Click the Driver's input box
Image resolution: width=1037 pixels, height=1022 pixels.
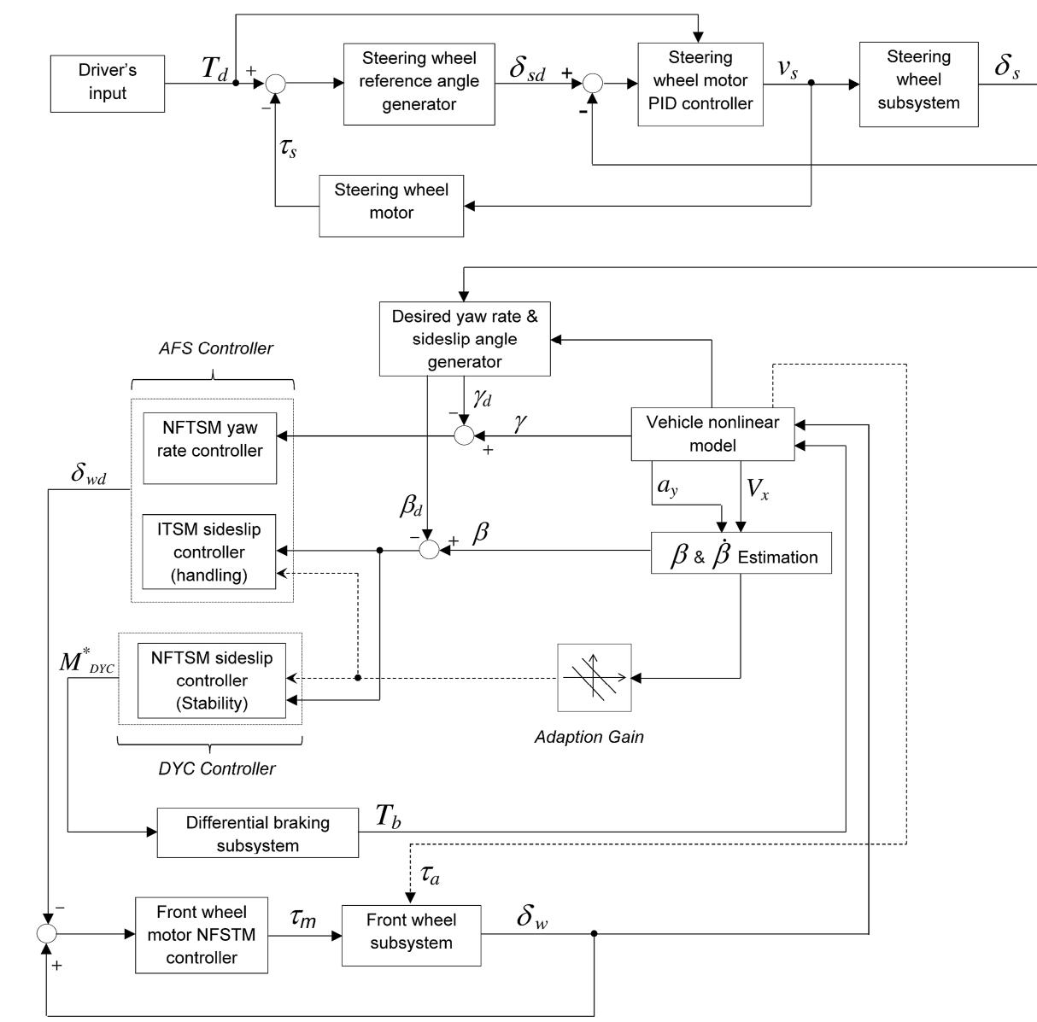(108, 83)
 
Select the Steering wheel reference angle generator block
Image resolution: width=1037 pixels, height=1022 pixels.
(419, 82)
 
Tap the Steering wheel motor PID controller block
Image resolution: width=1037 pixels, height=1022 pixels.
(700, 81)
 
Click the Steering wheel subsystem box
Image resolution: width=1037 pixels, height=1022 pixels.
(918, 80)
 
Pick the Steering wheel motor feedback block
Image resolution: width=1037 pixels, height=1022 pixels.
(391, 201)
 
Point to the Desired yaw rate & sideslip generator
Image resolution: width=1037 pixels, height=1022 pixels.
(465, 339)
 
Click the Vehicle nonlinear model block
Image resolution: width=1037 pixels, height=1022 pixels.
(712, 434)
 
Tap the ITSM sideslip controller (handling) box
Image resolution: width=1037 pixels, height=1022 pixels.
(210, 552)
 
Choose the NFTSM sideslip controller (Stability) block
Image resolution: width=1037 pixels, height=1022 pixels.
(211, 681)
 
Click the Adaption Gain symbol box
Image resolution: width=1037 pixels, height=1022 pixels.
(595, 678)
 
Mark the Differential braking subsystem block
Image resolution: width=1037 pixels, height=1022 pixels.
(258, 834)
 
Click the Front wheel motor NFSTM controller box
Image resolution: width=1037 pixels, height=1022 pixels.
(202, 934)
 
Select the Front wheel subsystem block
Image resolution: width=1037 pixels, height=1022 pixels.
(411, 932)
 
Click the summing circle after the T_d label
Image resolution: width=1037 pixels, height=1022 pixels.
(275, 84)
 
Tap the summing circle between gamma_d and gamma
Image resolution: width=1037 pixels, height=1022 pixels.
(464, 435)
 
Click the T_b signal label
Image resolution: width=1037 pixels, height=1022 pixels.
(390, 817)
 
